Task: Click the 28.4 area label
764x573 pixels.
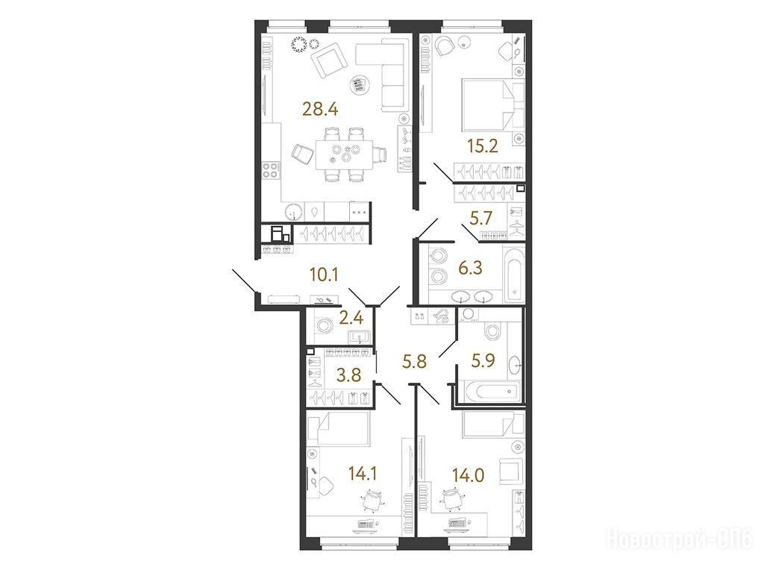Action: (320, 109)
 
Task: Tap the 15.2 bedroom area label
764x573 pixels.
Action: (483, 145)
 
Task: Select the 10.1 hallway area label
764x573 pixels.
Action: (324, 275)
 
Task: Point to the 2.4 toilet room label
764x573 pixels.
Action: (351, 318)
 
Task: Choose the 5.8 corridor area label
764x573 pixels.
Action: (414, 362)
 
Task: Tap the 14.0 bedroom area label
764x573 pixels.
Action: (468, 474)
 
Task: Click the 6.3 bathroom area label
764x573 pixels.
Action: (470, 268)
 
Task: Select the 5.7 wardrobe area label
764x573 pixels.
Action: (481, 219)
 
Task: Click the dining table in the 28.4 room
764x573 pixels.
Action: (344, 154)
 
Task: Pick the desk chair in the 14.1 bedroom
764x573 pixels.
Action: (372, 501)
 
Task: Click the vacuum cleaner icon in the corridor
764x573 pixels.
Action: (441, 316)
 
